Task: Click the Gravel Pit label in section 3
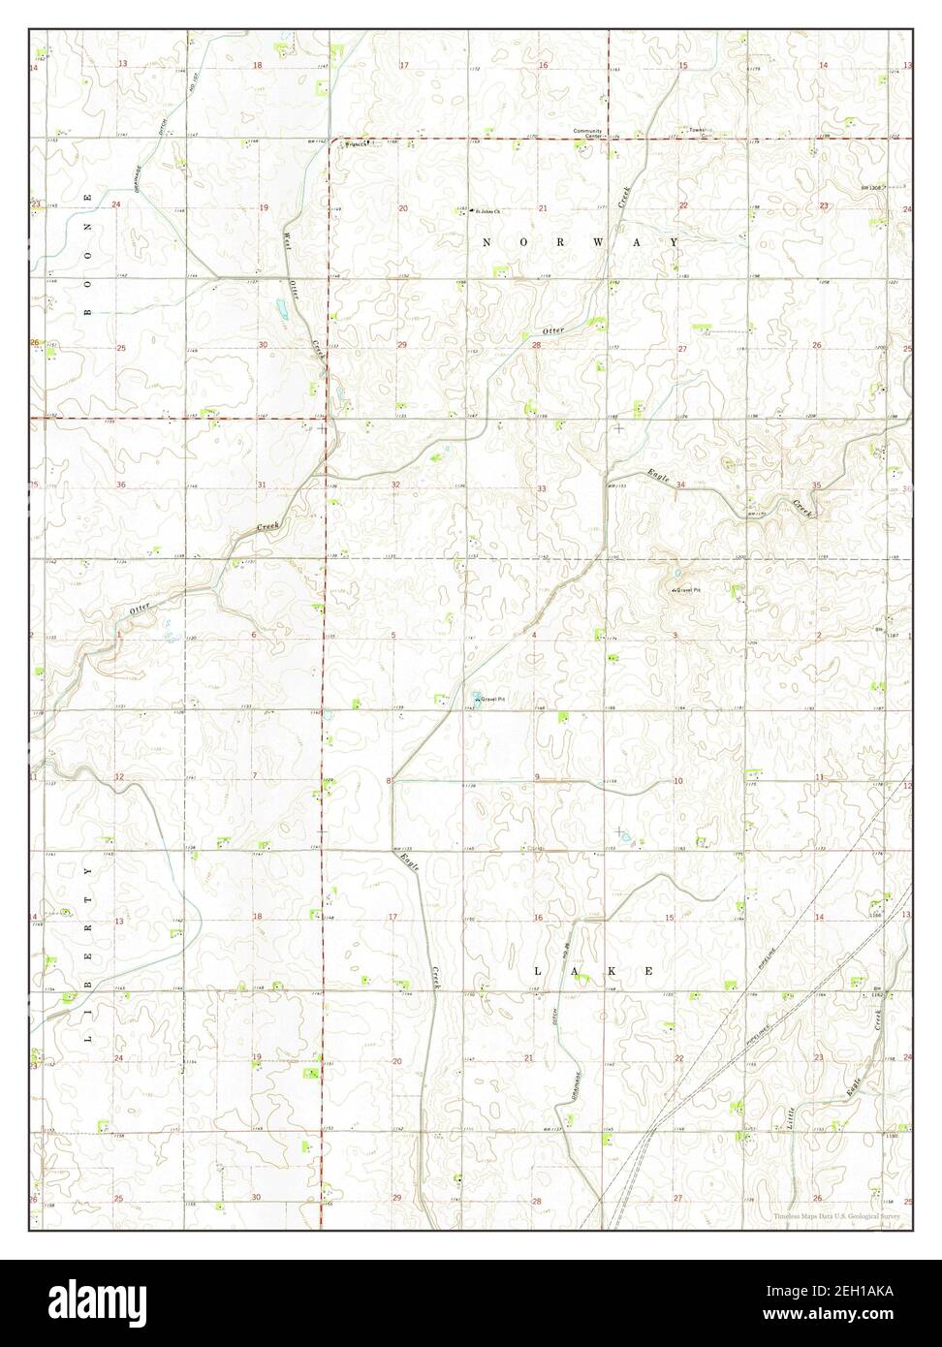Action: pyautogui.click(x=686, y=589)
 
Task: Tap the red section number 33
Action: pyautogui.click(x=542, y=488)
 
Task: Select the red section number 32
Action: pyautogui.click(x=396, y=484)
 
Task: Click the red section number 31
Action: pyautogui.click(x=262, y=484)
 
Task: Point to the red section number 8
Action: pyautogui.click(x=389, y=780)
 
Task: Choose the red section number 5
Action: pyautogui.click(x=393, y=635)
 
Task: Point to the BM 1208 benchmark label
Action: pyautogui.click(x=872, y=187)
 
